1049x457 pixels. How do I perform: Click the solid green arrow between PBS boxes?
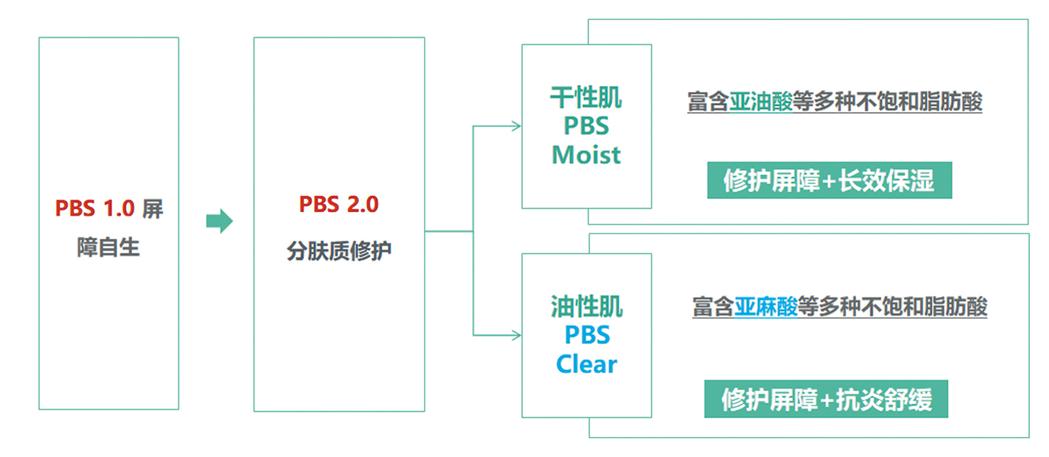pos(219,221)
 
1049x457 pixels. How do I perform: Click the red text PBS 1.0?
pos(95,208)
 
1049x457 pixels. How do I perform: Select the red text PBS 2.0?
pos(338,204)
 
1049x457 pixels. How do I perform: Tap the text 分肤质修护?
pos(338,251)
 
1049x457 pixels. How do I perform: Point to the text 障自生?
pos(108,247)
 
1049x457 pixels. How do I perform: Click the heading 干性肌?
pos(586,98)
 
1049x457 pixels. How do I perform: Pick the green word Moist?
pos(586,155)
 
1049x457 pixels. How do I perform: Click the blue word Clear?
pos(586,364)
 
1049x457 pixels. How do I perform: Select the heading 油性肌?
pos(586,307)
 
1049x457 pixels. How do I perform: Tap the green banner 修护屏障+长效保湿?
pos(829,181)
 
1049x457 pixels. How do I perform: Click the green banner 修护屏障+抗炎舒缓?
pos(826,399)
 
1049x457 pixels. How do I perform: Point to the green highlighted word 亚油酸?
pos(761,101)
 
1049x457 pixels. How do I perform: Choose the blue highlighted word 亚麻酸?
pos(765,307)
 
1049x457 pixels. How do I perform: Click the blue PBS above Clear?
pos(587,335)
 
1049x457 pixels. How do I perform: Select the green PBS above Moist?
pos(586,126)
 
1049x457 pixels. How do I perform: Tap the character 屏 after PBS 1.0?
pos(153,209)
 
